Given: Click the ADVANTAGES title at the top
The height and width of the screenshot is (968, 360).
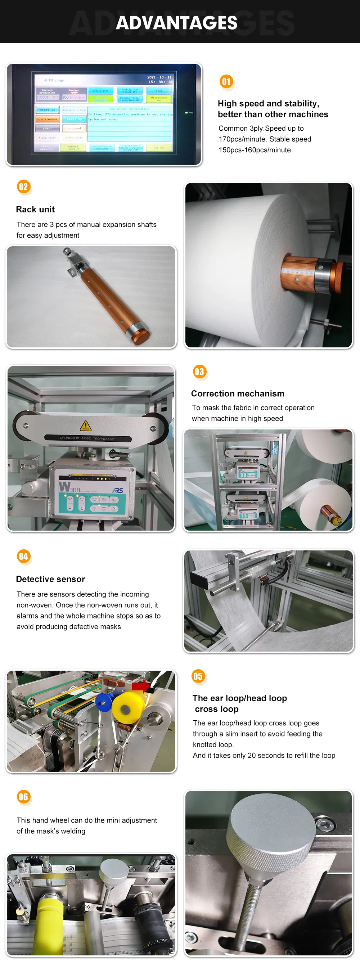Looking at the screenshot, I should (x=176, y=23).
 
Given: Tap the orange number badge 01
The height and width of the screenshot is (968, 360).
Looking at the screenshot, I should (x=226, y=82).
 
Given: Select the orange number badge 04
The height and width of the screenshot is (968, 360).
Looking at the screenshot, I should (x=23, y=556).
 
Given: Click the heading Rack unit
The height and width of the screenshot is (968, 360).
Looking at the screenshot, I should (x=35, y=209).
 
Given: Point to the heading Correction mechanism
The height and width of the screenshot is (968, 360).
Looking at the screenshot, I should (x=238, y=393).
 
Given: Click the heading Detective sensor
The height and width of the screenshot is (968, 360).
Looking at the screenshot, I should (x=50, y=579).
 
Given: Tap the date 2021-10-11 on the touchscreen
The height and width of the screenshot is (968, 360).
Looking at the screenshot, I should (x=159, y=77).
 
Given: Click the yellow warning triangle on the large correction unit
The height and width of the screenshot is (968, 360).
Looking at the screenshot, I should (x=86, y=426).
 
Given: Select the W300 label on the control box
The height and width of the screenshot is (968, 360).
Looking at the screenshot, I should (x=69, y=487).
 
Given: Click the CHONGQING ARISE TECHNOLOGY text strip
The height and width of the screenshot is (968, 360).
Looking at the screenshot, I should (x=87, y=438).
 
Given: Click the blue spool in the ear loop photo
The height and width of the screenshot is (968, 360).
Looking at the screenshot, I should (x=105, y=701).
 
